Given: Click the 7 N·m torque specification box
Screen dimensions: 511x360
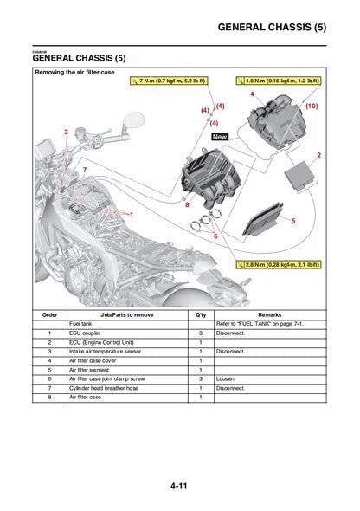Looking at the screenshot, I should [x=169, y=81].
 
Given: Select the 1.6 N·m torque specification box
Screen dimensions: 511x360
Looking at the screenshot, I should [x=277, y=81].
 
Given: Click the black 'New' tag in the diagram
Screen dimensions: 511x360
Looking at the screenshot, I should [x=220, y=137].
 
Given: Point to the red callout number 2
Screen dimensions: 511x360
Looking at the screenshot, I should [x=318, y=155].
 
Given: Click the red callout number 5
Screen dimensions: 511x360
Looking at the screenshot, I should [x=292, y=221].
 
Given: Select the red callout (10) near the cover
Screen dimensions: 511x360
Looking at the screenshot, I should [x=312, y=106].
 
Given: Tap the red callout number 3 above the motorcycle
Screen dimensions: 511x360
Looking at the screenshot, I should [x=66, y=132].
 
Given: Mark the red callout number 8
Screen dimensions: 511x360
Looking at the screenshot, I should [x=186, y=204].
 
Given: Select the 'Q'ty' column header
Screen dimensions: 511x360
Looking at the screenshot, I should [x=201, y=314].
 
